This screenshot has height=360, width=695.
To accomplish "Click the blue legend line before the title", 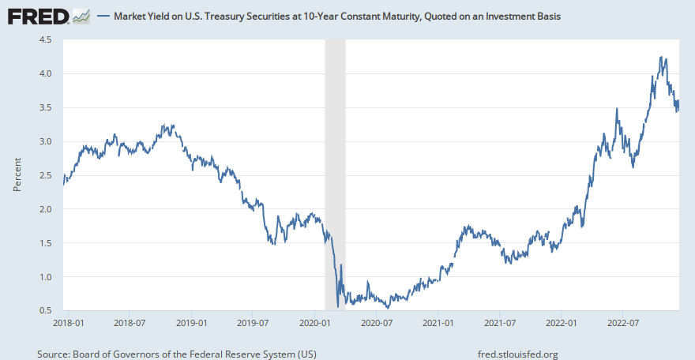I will coord(102,17).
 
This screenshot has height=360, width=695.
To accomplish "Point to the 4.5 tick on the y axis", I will coord(45,39).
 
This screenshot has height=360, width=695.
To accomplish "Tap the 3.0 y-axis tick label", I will coord(45,141).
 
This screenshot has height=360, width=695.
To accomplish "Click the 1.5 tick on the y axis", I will coord(45,243).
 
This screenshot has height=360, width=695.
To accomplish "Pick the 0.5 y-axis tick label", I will coord(45,311).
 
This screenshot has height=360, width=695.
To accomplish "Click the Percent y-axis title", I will coord(17,175).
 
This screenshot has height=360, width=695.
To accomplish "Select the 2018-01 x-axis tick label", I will coord(68,323).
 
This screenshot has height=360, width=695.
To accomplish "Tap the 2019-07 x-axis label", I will coord(252,323).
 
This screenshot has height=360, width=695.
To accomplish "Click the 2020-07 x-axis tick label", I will coord(377,323).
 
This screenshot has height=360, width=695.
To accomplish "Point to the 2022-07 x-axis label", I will coord(622,323).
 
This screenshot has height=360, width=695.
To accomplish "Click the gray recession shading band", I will coord(335,158).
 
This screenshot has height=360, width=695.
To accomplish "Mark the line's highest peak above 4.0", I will coord(661,58).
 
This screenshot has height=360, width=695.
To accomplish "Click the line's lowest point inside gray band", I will coord(338,306).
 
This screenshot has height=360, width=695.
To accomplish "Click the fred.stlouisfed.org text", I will coord(518,354).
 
